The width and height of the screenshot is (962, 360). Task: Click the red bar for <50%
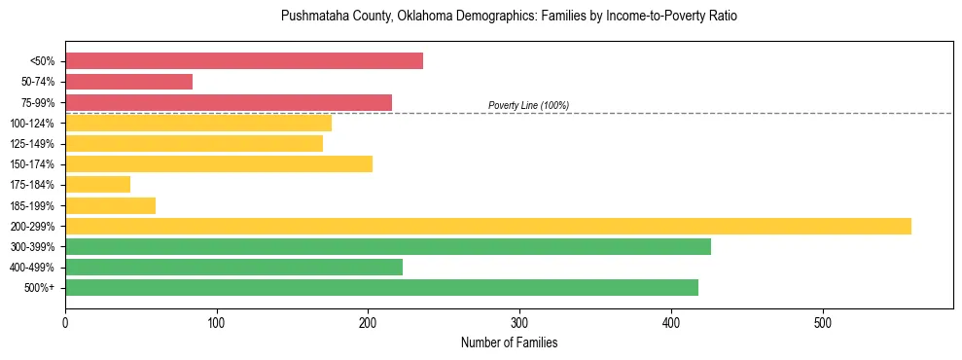(244, 61)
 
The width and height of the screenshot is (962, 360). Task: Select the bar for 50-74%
(128, 82)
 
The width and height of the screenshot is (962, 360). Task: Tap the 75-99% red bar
(229, 102)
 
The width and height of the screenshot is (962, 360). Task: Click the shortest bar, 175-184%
(97, 184)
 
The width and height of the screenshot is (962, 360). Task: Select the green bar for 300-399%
(388, 246)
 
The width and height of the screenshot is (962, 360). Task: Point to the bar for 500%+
(381, 287)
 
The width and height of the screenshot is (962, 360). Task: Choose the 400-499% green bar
(233, 267)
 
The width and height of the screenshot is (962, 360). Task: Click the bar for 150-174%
(219, 163)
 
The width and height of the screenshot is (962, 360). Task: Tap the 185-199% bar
(110, 205)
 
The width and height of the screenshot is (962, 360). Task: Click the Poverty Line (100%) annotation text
(528, 105)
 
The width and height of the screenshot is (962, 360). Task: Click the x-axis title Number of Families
(509, 342)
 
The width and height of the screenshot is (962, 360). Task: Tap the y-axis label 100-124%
(32, 124)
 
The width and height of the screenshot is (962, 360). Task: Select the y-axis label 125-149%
(32, 144)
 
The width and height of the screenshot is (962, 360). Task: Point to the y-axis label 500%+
(40, 288)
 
